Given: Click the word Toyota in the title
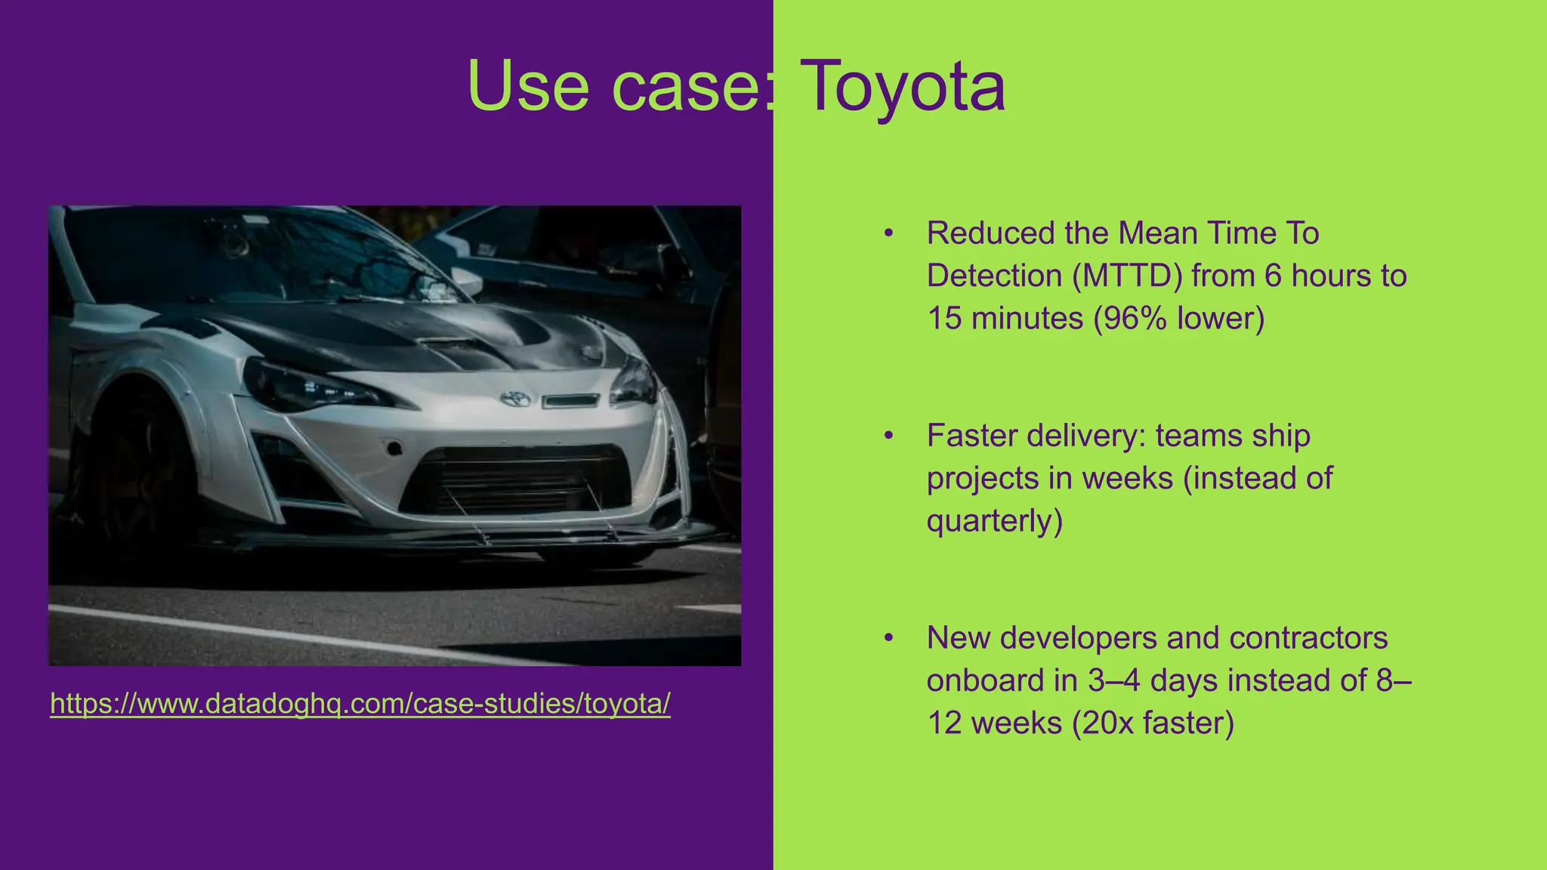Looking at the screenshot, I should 902,86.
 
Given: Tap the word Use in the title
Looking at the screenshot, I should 528,86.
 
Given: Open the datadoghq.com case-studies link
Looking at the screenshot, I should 360,704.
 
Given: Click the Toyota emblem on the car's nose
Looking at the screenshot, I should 516,398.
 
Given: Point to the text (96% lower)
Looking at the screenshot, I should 1178,318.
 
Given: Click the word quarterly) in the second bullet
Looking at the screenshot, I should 994,520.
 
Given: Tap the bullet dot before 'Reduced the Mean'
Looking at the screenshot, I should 889,233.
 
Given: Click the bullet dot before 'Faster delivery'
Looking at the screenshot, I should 889,436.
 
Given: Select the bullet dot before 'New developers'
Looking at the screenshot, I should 889,638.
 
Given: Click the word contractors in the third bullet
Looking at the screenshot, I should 1308,638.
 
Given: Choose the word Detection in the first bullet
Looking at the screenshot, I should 994,276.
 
